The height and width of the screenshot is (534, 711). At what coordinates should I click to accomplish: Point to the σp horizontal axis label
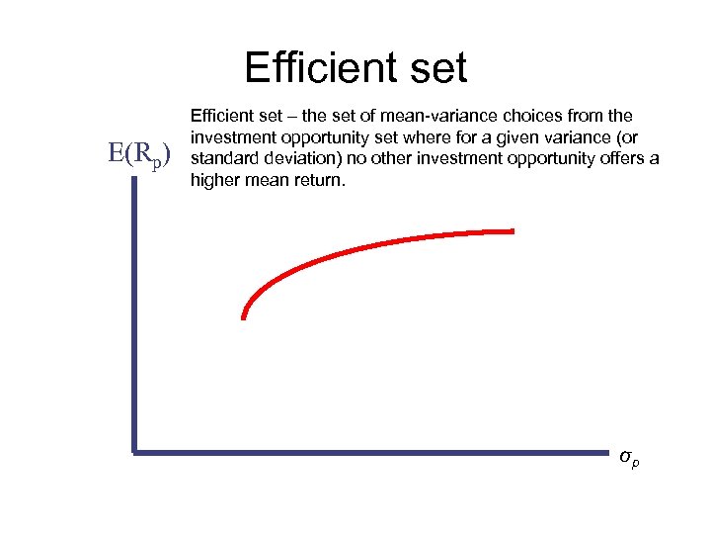coord(628,457)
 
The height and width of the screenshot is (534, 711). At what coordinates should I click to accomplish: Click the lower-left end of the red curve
coord(243,316)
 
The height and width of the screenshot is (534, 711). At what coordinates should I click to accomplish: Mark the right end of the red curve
coord(513,230)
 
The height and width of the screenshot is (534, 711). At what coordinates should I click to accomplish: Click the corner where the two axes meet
coord(133,453)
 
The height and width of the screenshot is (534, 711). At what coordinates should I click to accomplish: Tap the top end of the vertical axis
coord(133,183)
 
